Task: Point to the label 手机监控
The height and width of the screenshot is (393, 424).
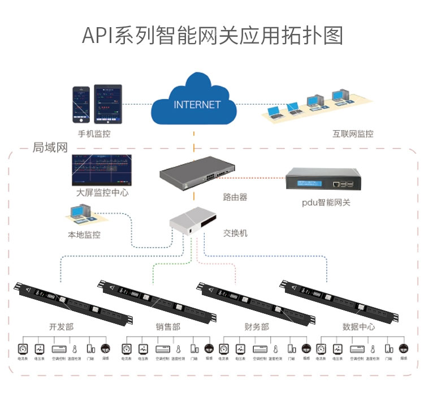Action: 92,134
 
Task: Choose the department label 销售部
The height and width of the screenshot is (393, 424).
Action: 168,327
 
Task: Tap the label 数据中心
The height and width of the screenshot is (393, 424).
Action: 358,327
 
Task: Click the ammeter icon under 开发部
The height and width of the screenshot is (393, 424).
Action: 23,348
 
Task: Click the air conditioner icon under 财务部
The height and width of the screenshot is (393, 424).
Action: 259,348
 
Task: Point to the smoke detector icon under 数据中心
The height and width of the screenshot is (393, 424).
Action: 404,348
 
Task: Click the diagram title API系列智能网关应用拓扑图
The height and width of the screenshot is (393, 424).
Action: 212,34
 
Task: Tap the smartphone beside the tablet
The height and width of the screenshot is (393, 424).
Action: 82,105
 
